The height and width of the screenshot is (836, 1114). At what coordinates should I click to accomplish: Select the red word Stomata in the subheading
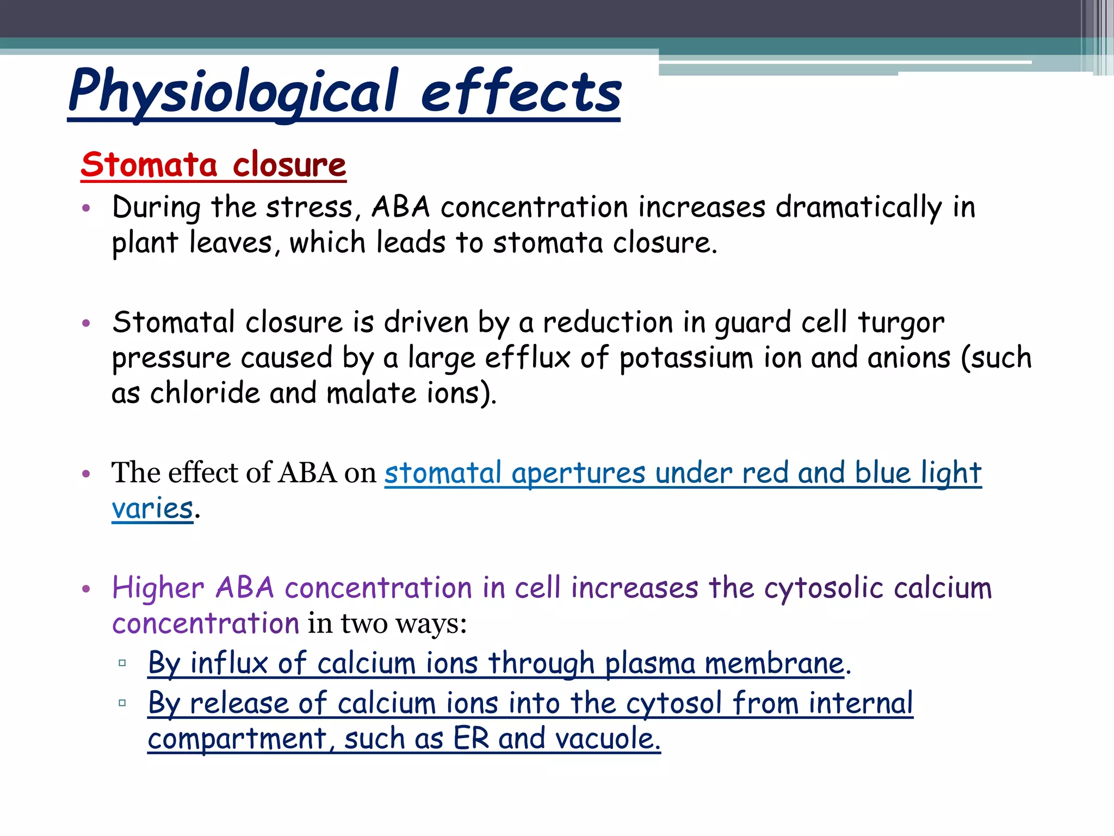coord(149,164)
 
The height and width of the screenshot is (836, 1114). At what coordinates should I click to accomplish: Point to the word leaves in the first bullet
coord(231,243)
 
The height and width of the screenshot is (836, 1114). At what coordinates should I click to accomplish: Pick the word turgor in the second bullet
coord(901,323)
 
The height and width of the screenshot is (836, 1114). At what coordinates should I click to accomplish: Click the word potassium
coord(686,359)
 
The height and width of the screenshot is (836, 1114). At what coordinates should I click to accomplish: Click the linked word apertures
coord(578,473)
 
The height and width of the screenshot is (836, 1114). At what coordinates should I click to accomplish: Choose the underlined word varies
coord(152,509)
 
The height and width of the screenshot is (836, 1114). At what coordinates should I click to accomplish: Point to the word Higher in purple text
coord(158,589)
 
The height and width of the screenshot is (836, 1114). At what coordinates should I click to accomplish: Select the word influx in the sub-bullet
coord(229,663)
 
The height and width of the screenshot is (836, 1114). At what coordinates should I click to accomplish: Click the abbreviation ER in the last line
coord(471,739)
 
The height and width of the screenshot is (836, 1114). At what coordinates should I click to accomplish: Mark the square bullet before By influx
coord(122,663)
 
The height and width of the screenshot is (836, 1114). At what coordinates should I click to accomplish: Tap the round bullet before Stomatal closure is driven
coord(86,324)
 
